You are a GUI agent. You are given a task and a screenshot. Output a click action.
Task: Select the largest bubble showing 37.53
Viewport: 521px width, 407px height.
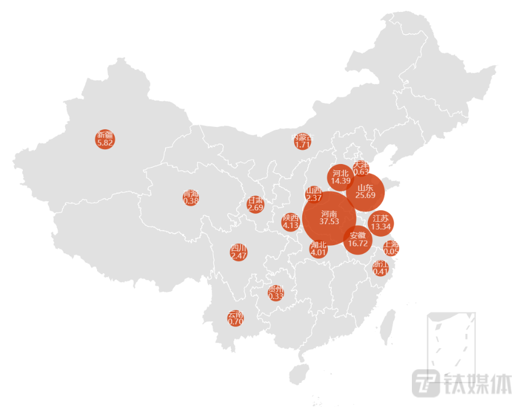pyautogui.click(x=329, y=218)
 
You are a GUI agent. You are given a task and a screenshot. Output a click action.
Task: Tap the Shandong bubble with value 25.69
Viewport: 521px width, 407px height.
pyautogui.click(x=365, y=191)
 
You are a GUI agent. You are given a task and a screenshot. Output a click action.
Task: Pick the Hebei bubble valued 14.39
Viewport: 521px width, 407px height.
pyautogui.click(x=340, y=177)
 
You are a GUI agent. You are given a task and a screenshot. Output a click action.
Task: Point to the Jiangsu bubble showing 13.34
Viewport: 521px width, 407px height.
pyautogui.click(x=380, y=223)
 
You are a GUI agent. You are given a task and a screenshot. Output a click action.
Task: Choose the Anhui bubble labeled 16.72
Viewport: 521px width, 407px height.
pyautogui.click(x=358, y=240)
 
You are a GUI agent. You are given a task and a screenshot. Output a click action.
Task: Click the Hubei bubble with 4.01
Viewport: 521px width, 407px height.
pyautogui.click(x=318, y=249)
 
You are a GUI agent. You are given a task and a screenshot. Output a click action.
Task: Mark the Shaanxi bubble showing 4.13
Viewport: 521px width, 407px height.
pyautogui.click(x=291, y=222)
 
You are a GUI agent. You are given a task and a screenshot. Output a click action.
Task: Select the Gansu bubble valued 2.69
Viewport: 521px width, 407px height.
pyautogui.click(x=255, y=204)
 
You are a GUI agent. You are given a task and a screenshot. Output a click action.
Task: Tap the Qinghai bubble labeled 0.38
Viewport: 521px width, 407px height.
pyautogui.click(x=191, y=197)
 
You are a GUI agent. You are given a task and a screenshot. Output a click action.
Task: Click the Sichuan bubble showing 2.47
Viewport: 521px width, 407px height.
pyautogui.click(x=239, y=252)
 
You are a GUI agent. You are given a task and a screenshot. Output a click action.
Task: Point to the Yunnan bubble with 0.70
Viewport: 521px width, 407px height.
pyautogui.click(x=235, y=318)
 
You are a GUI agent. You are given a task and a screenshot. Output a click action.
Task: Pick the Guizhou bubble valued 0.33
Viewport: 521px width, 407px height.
pyautogui.click(x=276, y=293)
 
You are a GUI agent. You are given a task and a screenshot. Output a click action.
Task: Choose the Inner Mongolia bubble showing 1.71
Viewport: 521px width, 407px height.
pyautogui.click(x=302, y=141)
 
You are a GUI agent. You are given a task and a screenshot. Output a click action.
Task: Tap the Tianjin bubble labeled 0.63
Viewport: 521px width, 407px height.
pyautogui.click(x=361, y=168)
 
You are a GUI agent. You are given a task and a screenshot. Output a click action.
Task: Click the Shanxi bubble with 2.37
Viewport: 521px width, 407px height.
pyautogui.click(x=314, y=194)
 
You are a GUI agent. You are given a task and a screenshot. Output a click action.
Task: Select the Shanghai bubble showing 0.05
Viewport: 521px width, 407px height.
pyautogui.click(x=391, y=248)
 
